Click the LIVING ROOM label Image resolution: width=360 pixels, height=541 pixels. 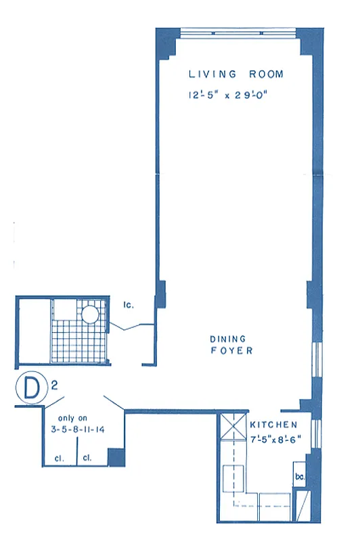click(235, 74)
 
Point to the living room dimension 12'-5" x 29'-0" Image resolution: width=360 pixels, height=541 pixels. click(230, 95)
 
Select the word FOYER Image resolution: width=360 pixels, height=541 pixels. click(231, 351)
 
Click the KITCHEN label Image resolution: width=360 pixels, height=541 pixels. click(273, 425)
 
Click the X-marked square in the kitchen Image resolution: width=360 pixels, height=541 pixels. click(231, 428)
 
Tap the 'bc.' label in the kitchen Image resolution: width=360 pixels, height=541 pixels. click(299, 477)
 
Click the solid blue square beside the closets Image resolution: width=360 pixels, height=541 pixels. click(116, 458)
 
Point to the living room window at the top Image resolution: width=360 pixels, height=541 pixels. click(238, 31)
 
